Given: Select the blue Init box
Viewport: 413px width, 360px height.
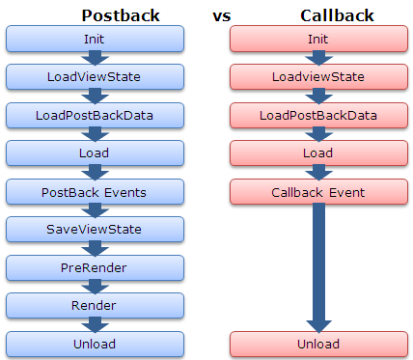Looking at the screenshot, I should tap(95, 38).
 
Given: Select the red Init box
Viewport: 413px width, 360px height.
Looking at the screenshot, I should tap(318, 38).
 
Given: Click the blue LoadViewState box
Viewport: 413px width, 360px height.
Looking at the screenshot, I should tap(95, 76).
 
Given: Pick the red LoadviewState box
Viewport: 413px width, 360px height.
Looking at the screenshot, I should tap(318, 76).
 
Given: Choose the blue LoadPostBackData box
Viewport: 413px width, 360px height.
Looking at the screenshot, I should tap(95, 115).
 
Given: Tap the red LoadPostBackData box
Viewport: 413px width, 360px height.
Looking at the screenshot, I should tap(318, 115).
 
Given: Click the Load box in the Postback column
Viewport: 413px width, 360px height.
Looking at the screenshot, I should tap(95, 152).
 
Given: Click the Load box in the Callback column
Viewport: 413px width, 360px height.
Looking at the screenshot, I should tap(318, 152).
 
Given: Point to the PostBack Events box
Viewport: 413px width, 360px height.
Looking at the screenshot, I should tap(95, 191).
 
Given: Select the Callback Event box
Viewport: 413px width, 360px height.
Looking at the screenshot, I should tap(318, 191).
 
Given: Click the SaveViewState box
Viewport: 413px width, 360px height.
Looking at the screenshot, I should tap(95, 229).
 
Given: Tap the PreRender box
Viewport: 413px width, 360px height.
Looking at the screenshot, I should tap(95, 267).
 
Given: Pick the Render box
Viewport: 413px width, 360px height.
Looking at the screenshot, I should tap(95, 305).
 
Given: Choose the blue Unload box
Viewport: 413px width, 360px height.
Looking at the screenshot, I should tap(95, 344).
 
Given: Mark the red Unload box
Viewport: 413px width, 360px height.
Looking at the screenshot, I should tap(318, 344).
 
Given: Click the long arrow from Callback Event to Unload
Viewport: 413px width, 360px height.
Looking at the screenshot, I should tap(318, 265).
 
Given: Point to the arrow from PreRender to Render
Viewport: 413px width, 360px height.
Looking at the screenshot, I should tap(95, 286).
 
